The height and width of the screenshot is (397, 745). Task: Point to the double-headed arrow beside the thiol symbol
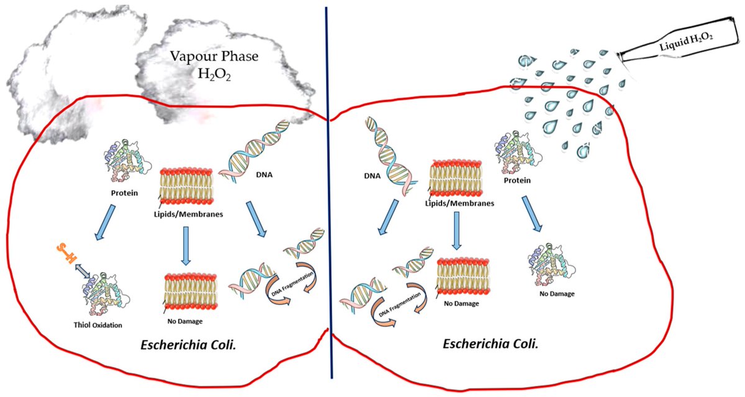pyautogui.click(x=77, y=268)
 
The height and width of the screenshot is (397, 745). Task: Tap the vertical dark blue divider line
pyautogui.click(x=328, y=199)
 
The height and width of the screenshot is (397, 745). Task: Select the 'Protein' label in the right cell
pyautogui.click(x=517, y=180)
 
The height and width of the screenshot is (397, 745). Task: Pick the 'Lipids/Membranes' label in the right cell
pyautogui.click(x=460, y=202)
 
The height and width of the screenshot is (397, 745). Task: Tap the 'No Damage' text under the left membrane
pyautogui.click(x=185, y=321)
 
